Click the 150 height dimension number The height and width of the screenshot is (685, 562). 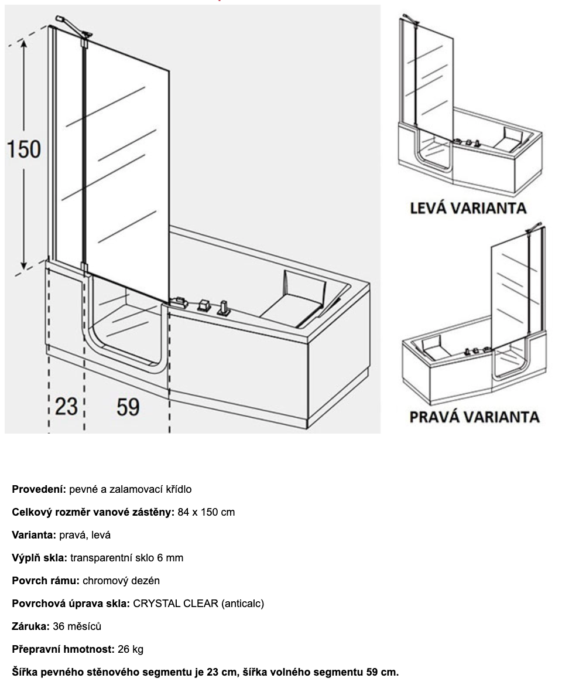(24, 149)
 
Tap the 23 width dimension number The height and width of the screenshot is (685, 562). (66, 405)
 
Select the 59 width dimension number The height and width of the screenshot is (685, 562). (128, 405)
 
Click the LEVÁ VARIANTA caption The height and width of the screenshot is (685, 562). (468, 207)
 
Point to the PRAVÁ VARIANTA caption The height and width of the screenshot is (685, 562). (474, 417)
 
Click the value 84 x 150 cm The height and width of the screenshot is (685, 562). (206, 512)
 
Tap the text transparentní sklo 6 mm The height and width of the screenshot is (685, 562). (126, 558)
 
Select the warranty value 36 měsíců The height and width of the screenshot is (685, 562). (77, 626)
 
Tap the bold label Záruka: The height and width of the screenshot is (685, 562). (31, 626)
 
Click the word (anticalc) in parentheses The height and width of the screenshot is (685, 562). (242, 604)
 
